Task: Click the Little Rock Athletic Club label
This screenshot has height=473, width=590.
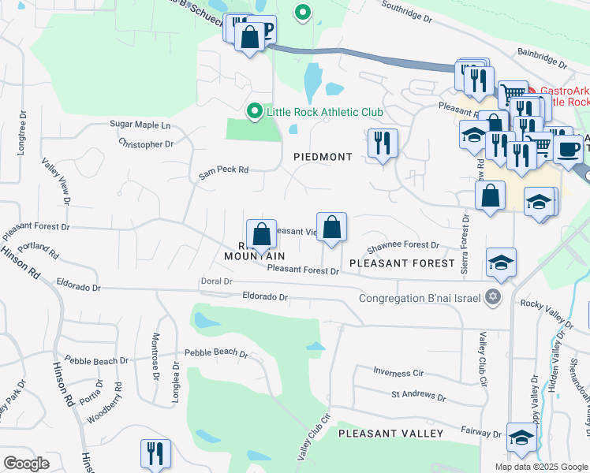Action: pos(324,112)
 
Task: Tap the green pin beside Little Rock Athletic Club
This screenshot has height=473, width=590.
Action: pos(254,111)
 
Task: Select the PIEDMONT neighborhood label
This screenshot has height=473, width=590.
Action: pos(323,157)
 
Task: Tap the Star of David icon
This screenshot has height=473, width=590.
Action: pos(494,297)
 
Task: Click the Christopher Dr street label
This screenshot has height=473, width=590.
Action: pos(146,144)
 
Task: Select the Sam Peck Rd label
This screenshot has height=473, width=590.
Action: pos(223,170)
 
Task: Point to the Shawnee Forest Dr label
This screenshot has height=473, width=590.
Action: pos(402,245)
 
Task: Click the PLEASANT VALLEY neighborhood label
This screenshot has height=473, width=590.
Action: pos(391,434)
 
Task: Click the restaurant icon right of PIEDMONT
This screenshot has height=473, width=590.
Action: pos(383,143)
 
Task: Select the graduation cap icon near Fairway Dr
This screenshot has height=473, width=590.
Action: pos(521,436)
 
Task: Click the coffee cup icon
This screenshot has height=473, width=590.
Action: pos(568,148)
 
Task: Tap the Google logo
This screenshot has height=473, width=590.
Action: pos(26,464)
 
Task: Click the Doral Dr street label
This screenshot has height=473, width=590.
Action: pos(215,281)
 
